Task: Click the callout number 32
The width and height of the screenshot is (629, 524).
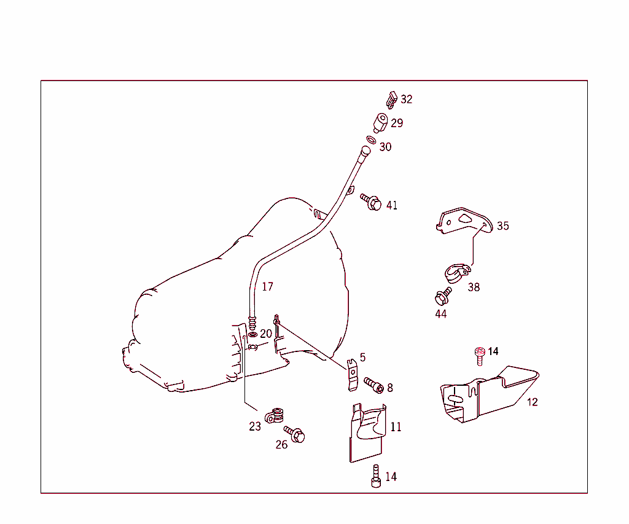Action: click(x=407, y=99)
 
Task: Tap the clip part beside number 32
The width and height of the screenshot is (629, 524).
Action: click(x=390, y=99)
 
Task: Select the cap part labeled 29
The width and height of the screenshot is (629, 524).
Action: click(x=380, y=122)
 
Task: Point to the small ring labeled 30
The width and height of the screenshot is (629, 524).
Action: click(x=372, y=141)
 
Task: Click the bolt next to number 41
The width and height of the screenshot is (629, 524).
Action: click(x=371, y=201)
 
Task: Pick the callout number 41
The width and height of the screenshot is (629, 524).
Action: click(x=392, y=205)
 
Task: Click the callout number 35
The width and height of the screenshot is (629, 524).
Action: click(x=503, y=226)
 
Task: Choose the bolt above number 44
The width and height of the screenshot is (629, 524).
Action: click(x=441, y=297)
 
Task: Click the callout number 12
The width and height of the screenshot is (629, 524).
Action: click(x=532, y=402)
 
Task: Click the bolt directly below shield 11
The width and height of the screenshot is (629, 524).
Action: click(x=376, y=477)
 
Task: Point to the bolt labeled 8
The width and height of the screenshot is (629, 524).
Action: click(x=373, y=385)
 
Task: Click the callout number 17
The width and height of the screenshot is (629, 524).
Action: click(x=267, y=286)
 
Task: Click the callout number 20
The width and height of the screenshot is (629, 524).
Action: click(x=265, y=334)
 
